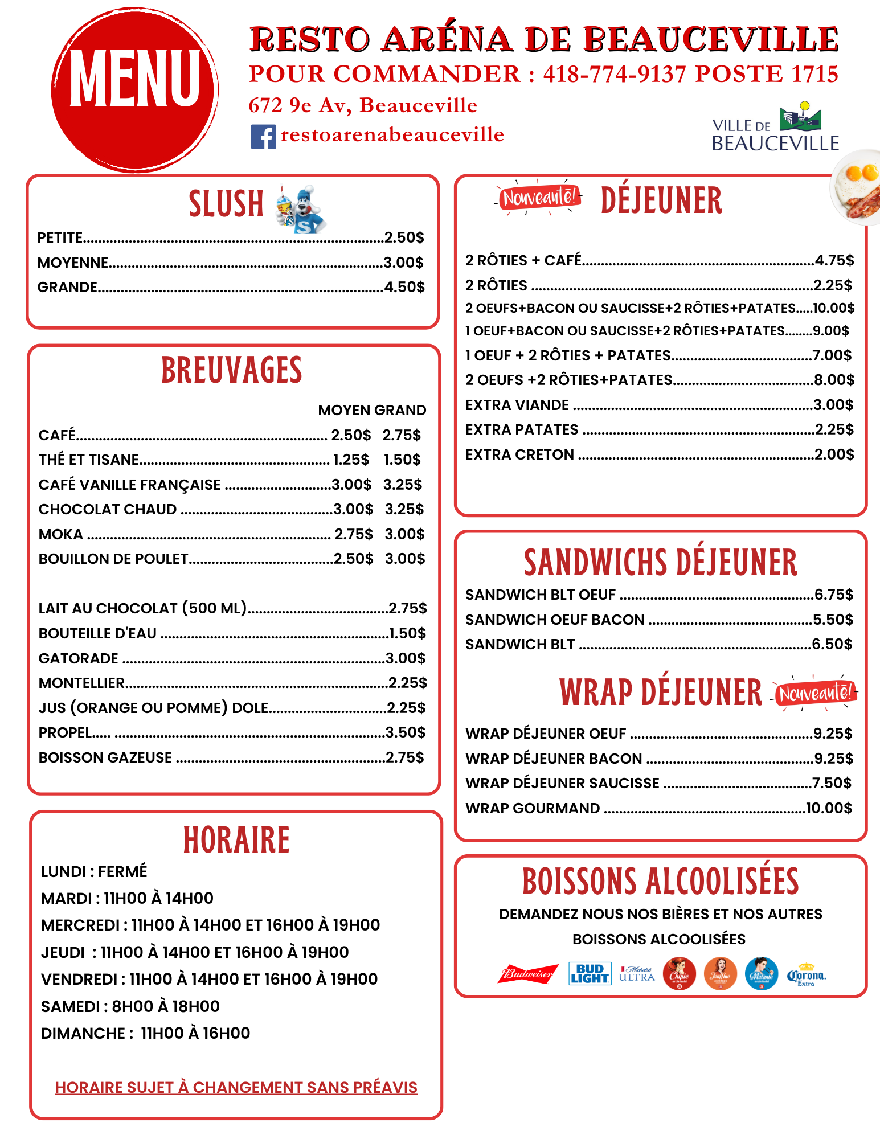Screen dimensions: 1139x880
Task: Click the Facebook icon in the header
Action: [263, 137]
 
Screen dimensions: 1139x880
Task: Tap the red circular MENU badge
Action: [135, 90]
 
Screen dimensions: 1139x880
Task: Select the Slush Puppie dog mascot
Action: [301, 209]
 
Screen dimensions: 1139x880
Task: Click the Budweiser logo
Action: [528, 974]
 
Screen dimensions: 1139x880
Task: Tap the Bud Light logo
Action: [590, 974]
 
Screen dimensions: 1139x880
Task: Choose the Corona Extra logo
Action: [807, 975]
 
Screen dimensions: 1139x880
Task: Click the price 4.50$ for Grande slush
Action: [404, 287]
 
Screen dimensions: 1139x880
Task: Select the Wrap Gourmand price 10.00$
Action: [829, 808]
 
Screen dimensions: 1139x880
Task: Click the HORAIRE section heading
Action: [236, 840]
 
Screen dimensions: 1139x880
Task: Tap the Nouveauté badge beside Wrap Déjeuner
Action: [815, 693]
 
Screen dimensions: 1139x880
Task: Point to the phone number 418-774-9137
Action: [615, 74]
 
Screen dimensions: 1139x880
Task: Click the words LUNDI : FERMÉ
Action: [94, 871]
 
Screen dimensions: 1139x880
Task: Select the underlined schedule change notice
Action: [236, 1088]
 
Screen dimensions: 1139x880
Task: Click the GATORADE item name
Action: [79, 658]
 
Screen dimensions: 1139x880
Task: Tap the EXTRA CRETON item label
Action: [519, 454]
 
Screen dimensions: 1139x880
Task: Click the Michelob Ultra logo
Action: [637, 974]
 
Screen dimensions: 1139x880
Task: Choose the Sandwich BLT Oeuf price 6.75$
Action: [834, 595]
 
